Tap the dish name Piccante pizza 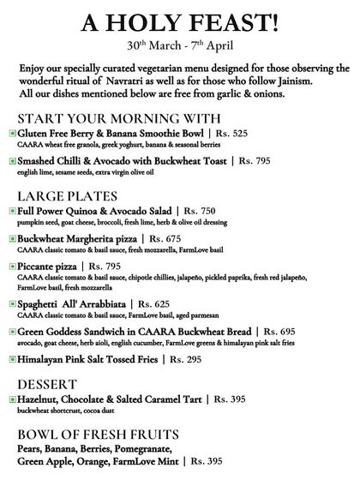[x=54, y=266]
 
